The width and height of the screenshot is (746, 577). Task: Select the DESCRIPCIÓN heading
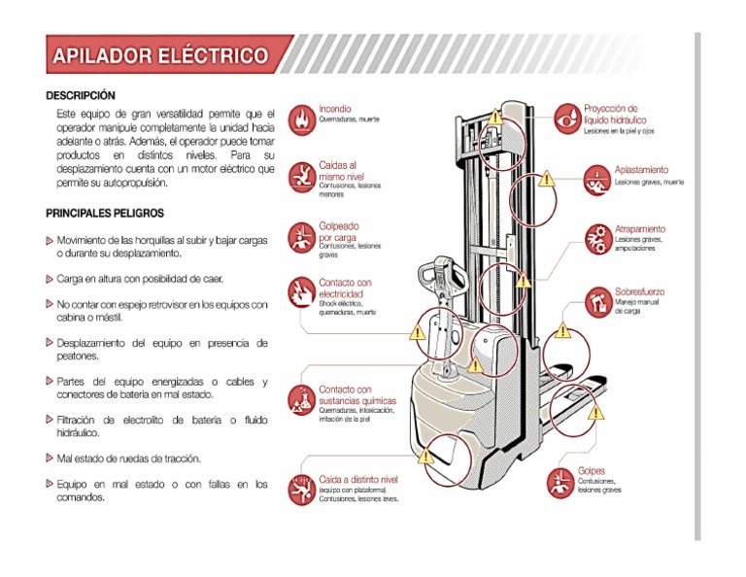pyautogui.click(x=81, y=95)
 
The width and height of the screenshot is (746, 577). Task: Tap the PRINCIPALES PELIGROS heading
pyautogui.click(x=105, y=213)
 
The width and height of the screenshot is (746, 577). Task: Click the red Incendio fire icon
pyautogui.click(x=303, y=119)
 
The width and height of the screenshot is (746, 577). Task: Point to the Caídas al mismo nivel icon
pyautogui.click(x=303, y=176)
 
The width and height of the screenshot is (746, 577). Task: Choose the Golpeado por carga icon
pyautogui.click(x=303, y=236)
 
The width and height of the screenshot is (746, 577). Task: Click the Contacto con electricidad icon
pyautogui.click(x=303, y=291)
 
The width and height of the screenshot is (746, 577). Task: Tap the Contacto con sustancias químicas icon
pyautogui.click(x=303, y=399)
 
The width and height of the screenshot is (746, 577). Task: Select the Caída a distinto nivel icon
pyautogui.click(x=303, y=489)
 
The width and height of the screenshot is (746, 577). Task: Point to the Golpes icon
pyautogui.click(x=562, y=481)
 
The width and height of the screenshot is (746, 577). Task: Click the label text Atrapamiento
pyautogui.click(x=640, y=229)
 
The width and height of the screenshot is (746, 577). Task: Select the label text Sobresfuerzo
pyautogui.click(x=640, y=290)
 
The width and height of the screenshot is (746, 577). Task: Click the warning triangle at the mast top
pyautogui.click(x=495, y=116)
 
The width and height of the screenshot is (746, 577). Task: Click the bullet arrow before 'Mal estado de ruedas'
pyautogui.click(x=50, y=458)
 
